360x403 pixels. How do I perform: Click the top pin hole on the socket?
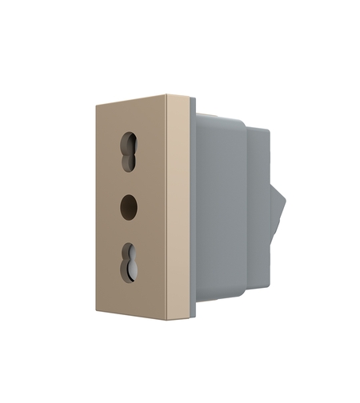pos(129,150)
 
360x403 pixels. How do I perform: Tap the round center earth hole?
pos(129,208)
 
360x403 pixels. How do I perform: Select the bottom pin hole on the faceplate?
pos(129,264)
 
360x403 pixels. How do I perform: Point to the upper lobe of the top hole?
pos(129,142)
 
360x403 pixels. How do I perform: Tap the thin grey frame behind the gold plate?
pos(192,208)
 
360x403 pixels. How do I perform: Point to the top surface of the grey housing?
pos(220,118)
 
